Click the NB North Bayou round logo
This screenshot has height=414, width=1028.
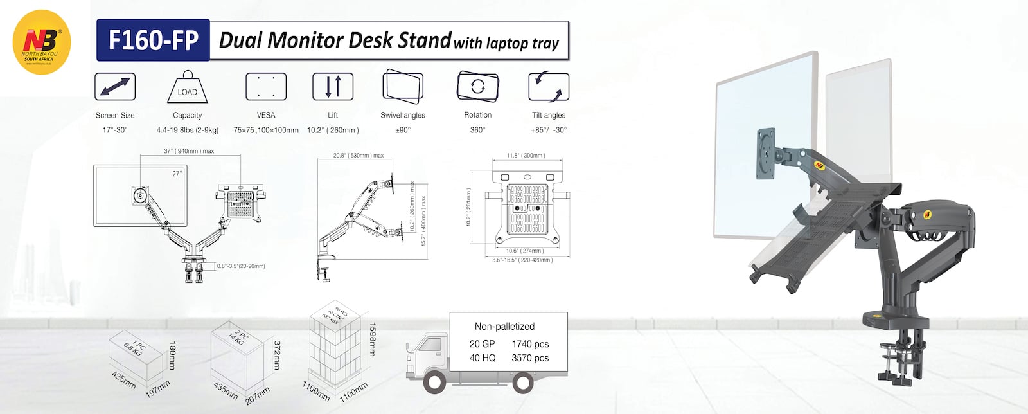click(x=42, y=42)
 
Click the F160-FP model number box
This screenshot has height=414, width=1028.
click(x=153, y=40)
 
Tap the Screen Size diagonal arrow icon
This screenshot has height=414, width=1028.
click(x=115, y=86)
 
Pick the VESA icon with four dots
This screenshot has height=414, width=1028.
click(x=266, y=86)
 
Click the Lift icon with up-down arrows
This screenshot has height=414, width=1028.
click(x=333, y=86)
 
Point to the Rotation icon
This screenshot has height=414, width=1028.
click(x=477, y=86)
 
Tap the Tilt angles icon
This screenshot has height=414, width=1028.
click(x=549, y=86)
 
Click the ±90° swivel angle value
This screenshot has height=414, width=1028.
click(x=403, y=130)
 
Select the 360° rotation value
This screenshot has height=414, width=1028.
click(x=477, y=130)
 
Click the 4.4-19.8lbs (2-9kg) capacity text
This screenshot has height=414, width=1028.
click(x=188, y=130)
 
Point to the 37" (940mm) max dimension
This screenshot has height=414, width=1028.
click(x=189, y=151)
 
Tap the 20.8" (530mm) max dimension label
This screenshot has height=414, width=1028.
click(x=359, y=156)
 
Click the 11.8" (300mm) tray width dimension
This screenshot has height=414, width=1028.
click(x=526, y=156)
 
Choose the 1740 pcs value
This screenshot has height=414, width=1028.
click(x=530, y=344)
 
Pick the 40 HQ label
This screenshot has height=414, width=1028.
click(x=483, y=358)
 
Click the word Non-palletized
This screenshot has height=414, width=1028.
click(x=504, y=327)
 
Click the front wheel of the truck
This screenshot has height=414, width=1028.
click(x=434, y=383)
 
